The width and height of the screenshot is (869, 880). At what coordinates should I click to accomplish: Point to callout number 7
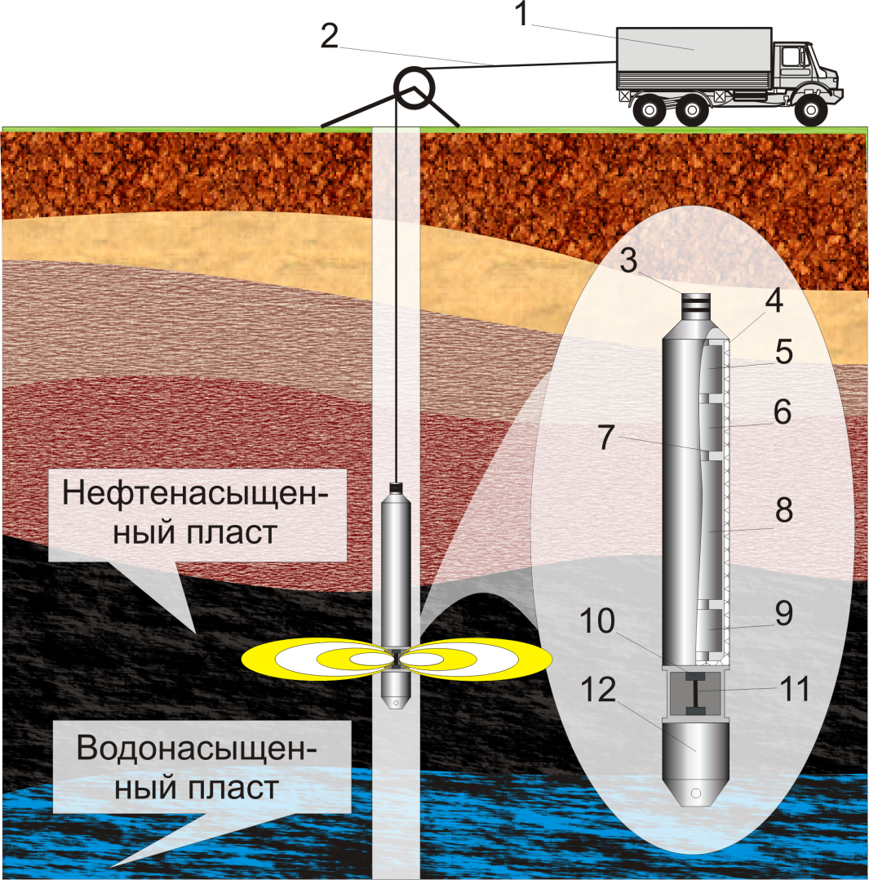(x=605, y=437)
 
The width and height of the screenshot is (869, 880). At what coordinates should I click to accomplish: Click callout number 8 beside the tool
(x=783, y=511)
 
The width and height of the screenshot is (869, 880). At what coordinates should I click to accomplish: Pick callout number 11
(x=793, y=691)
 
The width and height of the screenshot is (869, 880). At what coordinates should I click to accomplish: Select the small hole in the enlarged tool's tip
(x=695, y=793)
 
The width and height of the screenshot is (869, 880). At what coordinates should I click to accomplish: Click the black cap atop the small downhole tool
(x=397, y=488)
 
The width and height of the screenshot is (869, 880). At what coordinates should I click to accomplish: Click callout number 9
(x=783, y=614)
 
